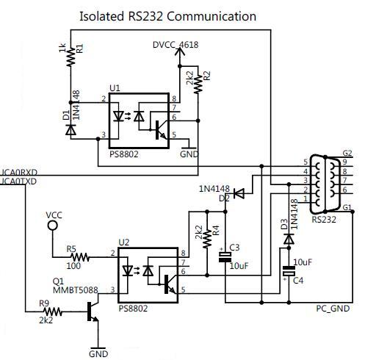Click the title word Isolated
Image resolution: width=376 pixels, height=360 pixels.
(x=101, y=16)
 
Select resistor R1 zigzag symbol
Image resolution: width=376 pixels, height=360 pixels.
(x=71, y=57)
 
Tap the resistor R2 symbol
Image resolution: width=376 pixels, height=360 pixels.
(x=198, y=84)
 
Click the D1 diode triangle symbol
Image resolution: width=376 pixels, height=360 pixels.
(x=70, y=130)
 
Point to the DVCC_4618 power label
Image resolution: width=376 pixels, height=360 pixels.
(x=176, y=45)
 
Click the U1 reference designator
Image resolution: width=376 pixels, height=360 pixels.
(x=115, y=88)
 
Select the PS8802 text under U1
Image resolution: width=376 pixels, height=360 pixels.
(x=124, y=154)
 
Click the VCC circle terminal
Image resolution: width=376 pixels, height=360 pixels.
(x=53, y=226)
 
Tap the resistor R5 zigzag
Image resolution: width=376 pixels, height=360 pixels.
(x=80, y=257)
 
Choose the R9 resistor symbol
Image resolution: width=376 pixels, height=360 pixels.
(x=53, y=312)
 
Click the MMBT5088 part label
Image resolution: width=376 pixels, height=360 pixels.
(x=76, y=290)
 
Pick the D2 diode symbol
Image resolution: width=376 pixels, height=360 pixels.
(x=239, y=193)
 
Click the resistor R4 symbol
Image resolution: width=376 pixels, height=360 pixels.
(x=207, y=239)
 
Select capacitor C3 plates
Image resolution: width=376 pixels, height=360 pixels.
(x=225, y=257)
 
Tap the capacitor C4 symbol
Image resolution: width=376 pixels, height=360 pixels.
(x=289, y=271)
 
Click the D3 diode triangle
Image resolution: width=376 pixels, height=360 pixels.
(x=289, y=240)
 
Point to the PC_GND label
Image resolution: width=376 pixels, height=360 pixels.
(x=333, y=309)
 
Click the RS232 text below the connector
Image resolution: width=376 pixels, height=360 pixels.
(x=324, y=220)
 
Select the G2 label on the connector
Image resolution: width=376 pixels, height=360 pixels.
(x=347, y=154)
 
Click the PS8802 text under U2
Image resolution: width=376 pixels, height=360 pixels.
(x=133, y=309)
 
